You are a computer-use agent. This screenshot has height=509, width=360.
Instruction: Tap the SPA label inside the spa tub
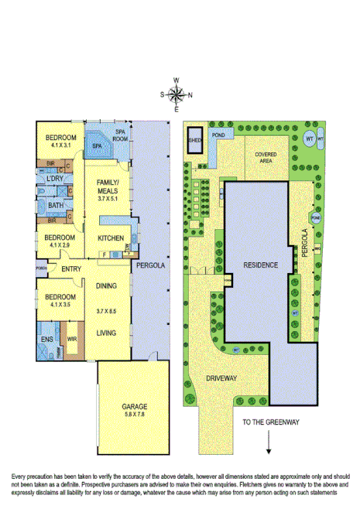tap(98, 145)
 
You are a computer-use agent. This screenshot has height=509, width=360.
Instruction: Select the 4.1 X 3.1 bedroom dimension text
tap(60, 145)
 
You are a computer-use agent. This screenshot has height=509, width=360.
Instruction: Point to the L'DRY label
tap(54, 179)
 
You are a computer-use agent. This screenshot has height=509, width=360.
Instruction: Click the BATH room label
tap(55, 205)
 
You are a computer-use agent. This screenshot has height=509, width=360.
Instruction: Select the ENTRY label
tap(71, 269)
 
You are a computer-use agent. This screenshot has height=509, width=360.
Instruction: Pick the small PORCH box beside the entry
tap(41, 268)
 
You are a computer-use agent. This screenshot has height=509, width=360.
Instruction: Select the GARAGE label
tap(133, 406)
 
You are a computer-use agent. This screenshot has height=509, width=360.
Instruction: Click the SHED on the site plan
tap(194, 140)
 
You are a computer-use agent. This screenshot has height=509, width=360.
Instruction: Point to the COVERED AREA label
tap(266, 156)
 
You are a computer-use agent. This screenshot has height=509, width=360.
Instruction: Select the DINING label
tap(106, 285)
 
